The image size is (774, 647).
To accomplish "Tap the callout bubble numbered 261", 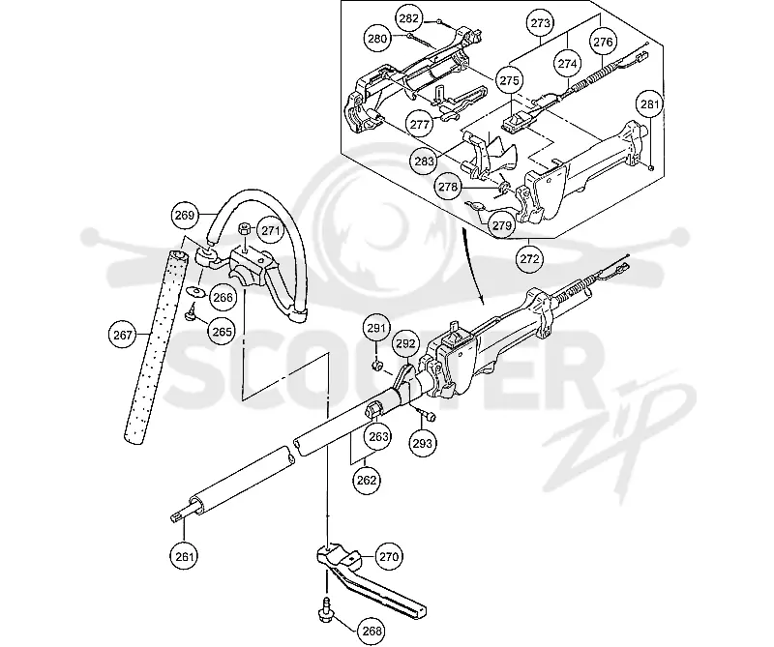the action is (x=184, y=556).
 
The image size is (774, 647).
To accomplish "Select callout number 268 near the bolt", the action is (x=372, y=631).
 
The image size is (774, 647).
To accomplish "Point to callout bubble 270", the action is (x=389, y=556).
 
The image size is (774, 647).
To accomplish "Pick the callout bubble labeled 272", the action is (x=529, y=258).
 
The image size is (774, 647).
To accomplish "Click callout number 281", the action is (x=649, y=104).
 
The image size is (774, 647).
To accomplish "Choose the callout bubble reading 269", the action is (x=185, y=215).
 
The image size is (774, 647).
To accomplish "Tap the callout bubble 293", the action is (x=423, y=443).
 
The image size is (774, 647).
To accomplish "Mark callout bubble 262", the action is (x=367, y=480).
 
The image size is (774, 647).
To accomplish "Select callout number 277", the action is (x=420, y=124).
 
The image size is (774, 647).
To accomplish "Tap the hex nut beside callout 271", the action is (x=245, y=229).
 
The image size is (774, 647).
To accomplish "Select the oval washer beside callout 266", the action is (x=197, y=292).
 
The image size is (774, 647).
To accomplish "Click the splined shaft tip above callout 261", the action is (x=180, y=515).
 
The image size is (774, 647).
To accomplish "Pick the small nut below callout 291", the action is (x=377, y=366).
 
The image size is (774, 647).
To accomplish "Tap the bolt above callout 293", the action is (x=426, y=415).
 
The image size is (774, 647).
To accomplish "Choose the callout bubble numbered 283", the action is (x=425, y=161).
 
